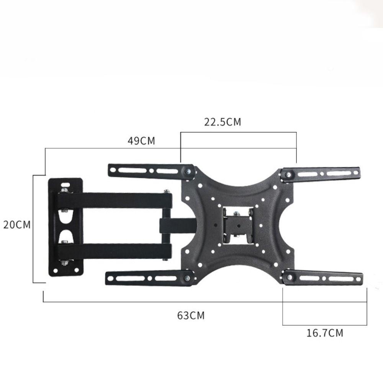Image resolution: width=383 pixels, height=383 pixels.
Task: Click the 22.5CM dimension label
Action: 223,122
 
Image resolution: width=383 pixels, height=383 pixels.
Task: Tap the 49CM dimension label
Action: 141,141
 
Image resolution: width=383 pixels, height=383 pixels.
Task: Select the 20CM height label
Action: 17,225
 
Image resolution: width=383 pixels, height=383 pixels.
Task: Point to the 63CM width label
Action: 191,315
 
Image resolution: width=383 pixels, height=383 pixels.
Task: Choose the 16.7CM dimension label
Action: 325,333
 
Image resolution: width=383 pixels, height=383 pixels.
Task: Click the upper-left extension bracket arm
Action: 151,170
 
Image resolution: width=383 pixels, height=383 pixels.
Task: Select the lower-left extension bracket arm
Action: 149,278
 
